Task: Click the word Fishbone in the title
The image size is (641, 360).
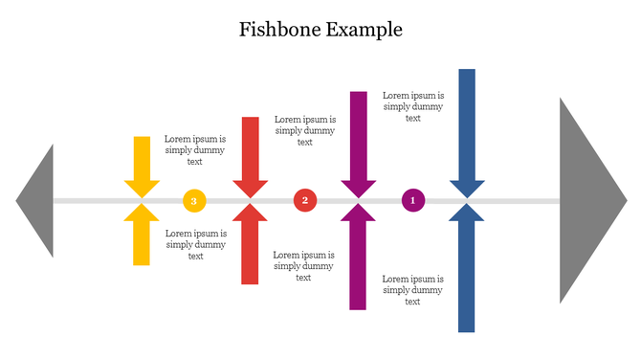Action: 278,30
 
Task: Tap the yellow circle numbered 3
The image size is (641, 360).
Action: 194,201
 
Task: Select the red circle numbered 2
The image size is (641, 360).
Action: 305,200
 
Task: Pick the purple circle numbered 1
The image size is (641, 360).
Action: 413,200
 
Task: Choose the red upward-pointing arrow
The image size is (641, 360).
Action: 251,246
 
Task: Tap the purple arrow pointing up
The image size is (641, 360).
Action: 359,259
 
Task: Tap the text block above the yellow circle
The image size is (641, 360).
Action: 195,150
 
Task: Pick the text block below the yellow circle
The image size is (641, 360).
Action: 196,244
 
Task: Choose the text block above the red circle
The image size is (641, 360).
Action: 304,130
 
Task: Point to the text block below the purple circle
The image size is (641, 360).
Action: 412,290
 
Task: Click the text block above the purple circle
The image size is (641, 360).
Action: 413,107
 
